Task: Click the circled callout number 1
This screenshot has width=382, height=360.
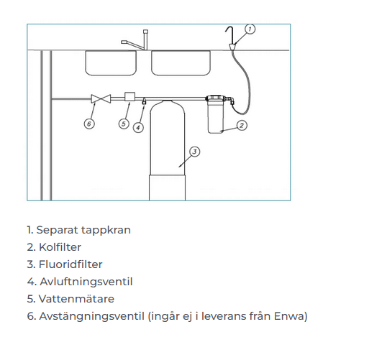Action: (250, 29)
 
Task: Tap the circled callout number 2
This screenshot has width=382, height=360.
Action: (242, 125)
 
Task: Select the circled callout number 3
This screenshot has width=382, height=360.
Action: (194, 152)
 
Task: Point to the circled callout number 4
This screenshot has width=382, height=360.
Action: (138, 127)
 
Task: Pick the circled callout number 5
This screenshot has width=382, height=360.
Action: (124, 124)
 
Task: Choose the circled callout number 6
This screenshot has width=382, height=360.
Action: (89, 124)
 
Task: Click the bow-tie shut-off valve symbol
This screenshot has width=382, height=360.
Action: (101, 98)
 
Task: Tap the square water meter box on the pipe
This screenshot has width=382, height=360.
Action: (129, 96)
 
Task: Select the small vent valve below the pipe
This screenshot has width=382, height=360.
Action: (144, 101)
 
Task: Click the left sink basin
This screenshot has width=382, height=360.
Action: (111, 63)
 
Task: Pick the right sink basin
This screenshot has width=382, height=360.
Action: (181, 63)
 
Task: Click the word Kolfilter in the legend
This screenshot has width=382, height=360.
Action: (60, 247)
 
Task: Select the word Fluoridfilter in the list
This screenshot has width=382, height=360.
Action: (71, 264)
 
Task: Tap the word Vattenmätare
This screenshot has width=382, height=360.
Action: (76, 299)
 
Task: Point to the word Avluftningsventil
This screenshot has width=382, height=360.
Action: (86, 282)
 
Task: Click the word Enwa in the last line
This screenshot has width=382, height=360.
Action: (288, 316)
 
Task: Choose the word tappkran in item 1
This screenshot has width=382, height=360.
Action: (106, 230)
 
